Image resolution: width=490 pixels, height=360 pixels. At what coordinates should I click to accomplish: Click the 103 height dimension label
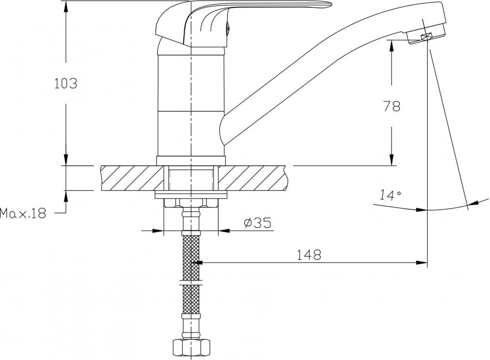(66, 83)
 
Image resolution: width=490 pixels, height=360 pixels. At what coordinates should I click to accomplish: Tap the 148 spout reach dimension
(308, 255)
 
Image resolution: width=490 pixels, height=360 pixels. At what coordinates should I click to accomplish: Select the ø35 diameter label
(257, 223)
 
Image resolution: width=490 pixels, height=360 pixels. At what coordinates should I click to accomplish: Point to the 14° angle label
(390, 195)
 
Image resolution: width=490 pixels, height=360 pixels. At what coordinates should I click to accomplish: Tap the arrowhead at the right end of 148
(422, 263)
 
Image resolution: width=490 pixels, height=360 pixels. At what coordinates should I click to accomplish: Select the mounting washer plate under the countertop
(191, 195)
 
